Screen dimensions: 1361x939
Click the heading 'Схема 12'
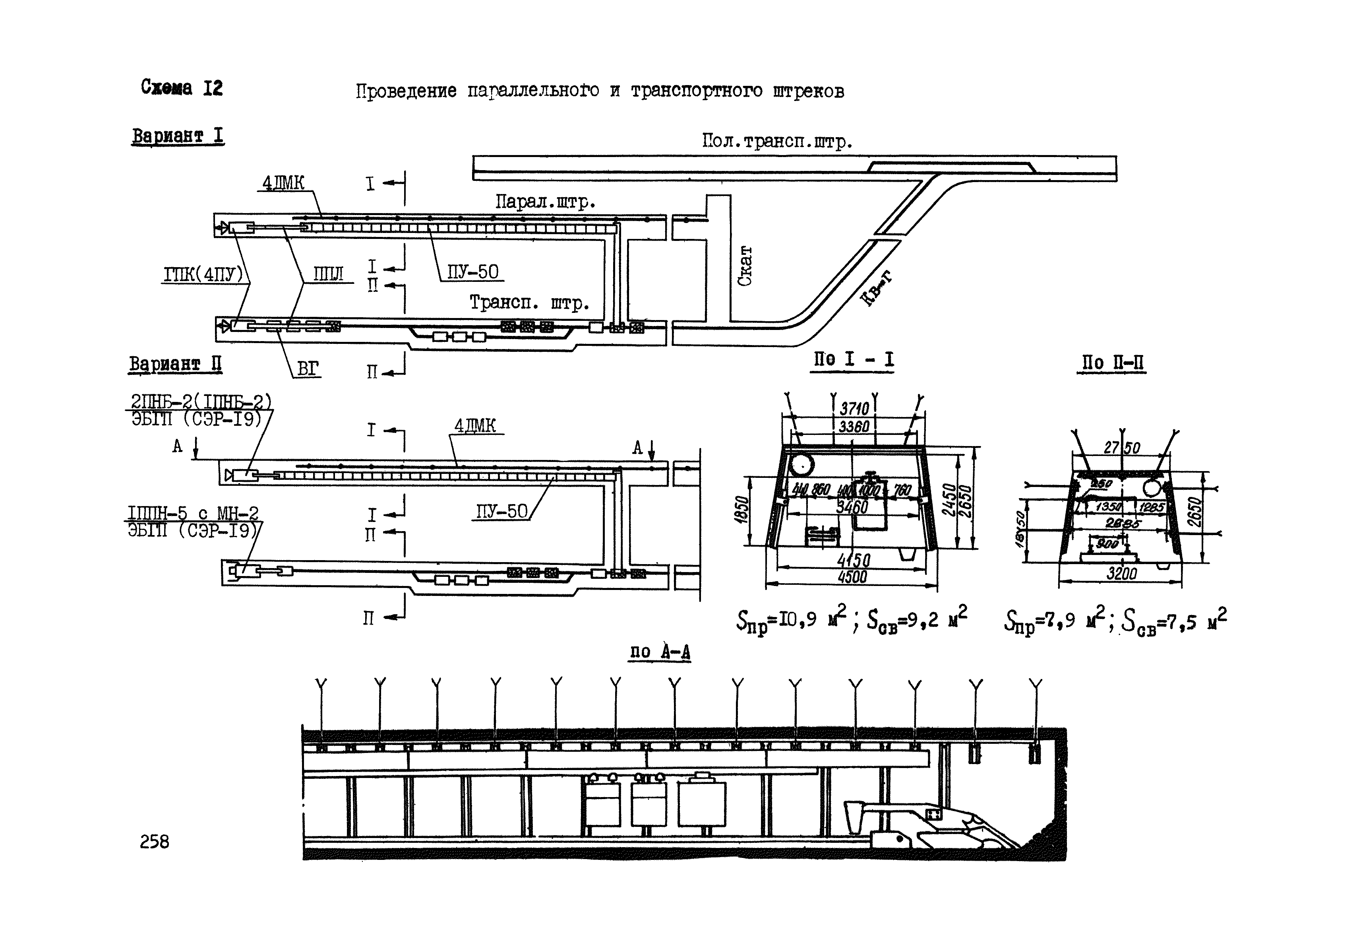(x=182, y=88)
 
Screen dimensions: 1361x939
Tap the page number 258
(x=154, y=842)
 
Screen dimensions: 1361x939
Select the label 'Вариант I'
(x=178, y=136)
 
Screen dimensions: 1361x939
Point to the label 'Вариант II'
(x=175, y=364)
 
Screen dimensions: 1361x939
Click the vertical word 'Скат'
(x=745, y=266)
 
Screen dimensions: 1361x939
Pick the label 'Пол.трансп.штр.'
(x=777, y=141)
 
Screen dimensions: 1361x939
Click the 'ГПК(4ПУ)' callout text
(x=203, y=275)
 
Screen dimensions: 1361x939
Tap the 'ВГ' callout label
(x=308, y=369)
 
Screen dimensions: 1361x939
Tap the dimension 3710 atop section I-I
(x=854, y=408)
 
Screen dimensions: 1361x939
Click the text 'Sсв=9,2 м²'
(x=917, y=620)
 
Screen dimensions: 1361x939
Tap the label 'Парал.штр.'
(x=545, y=202)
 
